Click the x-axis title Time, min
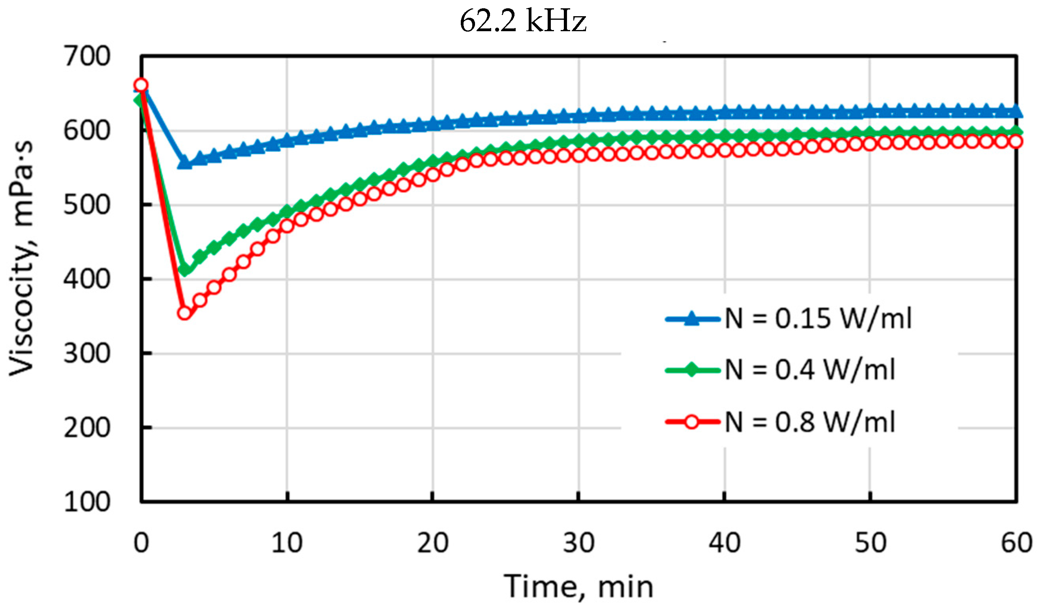(578, 586)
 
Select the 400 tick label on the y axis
(87, 279)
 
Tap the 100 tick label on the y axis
(87, 502)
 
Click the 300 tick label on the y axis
(87, 354)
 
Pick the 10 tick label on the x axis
(287, 543)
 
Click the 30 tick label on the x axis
(578, 543)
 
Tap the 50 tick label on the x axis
(870, 543)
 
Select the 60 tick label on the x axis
(1016, 543)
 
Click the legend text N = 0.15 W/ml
(818, 319)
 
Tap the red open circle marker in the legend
(691, 422)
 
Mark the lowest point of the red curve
(184, 313)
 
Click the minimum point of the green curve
(185, 269)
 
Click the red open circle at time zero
(141, 85)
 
